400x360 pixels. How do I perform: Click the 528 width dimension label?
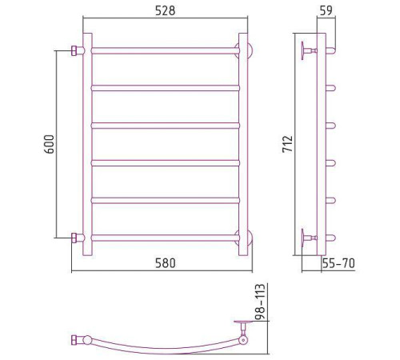[166, 10]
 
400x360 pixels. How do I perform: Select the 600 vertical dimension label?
[49, 144]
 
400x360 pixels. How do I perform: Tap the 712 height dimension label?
[288, 144]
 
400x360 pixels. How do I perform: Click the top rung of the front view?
[166, 50]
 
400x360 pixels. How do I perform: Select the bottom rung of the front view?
[166, 237]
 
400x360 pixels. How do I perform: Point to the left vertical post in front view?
[88, 144]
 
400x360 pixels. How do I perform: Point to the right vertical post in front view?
[242, 144]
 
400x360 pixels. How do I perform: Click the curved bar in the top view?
[160, 347]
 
